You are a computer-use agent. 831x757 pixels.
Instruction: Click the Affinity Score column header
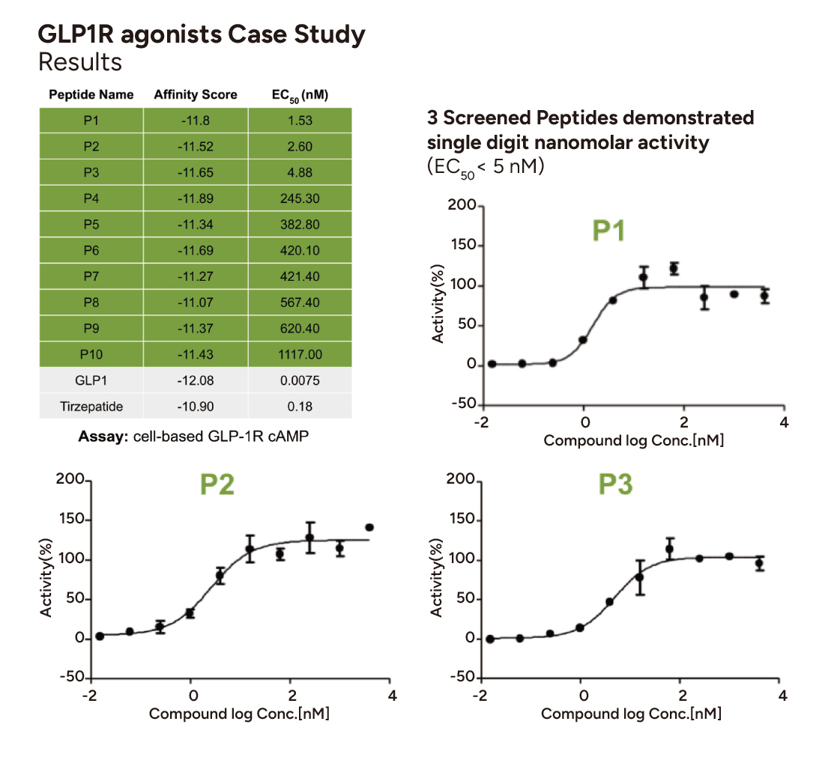pos(195,94)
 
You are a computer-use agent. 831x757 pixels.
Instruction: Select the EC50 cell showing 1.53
pos(299,121)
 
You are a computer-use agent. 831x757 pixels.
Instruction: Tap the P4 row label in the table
pos(91,198)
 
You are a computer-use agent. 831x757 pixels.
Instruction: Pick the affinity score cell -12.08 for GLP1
pos(196,380)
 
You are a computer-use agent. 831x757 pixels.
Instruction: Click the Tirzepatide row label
pos(91,407)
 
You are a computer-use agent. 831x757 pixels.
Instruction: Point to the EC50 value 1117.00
pos(299,354)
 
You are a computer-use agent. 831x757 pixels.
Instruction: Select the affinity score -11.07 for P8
pos(196,303)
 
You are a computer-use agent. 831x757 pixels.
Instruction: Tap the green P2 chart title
pos(217,485)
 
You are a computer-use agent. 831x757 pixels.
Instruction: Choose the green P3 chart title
pos(615,485)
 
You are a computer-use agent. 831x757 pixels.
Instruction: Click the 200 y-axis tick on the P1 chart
pos(459,206)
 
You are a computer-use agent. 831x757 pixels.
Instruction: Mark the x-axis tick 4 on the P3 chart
pos(783,696)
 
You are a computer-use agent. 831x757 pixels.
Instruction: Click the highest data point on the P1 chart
pos(674,268)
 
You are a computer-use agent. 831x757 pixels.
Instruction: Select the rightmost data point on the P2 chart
pos(369,527)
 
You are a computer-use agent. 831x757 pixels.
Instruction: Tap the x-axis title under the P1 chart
pos(633,440)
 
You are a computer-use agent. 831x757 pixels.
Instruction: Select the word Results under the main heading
pos(80,61)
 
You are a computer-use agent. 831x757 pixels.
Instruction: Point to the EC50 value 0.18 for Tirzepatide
pos(299,407)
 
